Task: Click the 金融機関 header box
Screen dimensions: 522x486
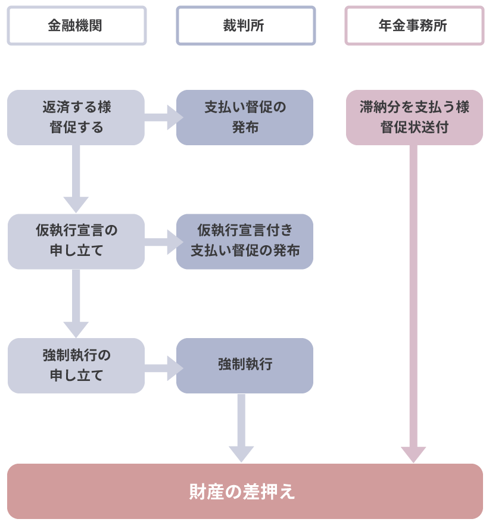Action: pos(76,26)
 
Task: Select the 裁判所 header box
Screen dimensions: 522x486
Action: pos(245,26)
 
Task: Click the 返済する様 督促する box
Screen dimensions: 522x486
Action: pos(76,117)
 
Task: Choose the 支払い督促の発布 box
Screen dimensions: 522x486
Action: pos(244,117)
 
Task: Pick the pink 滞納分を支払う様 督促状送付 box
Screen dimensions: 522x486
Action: pos(414,117)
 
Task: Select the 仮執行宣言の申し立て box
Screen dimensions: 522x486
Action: pos(76,241)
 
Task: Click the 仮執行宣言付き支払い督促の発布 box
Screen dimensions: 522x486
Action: pos(244,241)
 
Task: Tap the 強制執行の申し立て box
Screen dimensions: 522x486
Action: pos(76,365)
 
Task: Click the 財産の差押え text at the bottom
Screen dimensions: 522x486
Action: pos(243,492)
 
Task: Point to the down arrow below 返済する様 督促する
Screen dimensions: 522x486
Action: pos(76,179)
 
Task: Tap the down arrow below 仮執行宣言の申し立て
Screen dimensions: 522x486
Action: pos(76,304)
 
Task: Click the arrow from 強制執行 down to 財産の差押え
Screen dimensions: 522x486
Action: pos(241,429)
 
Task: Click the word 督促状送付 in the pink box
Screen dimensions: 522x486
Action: pos(414,127)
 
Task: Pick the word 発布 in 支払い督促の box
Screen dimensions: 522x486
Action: pos(245,127)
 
